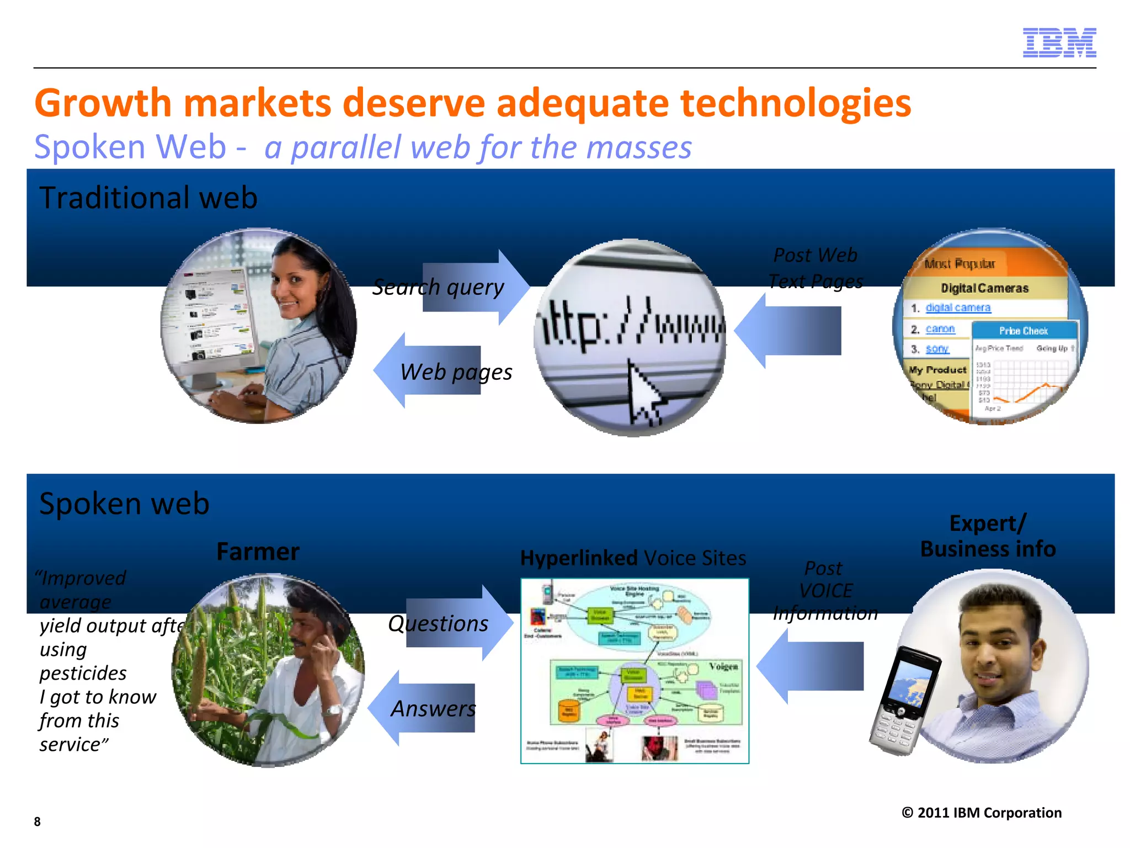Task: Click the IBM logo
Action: coord(1059,43)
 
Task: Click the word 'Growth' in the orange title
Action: coord(103,103)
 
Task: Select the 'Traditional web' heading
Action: coord(148,198)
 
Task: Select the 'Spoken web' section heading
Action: coord(124,504)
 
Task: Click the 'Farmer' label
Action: coord(258,552)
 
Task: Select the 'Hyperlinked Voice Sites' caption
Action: coord(633,558)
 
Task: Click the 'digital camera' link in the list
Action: coord(958,308)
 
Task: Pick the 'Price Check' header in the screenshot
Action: coord(1023,331)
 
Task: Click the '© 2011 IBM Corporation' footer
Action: coord(981,813)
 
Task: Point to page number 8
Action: coord(37,821)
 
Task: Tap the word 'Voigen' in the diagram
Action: coord(723,666)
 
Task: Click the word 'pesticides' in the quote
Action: coord(83,673)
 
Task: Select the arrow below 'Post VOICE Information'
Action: coord(811,666)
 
